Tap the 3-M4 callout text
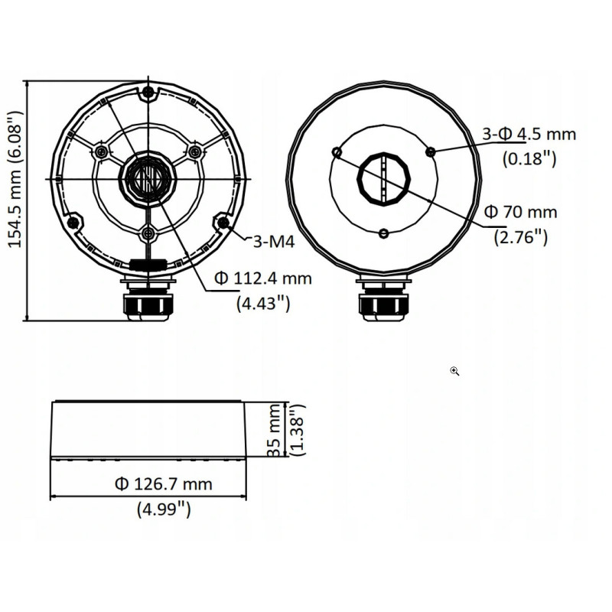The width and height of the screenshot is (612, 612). click(274, 242)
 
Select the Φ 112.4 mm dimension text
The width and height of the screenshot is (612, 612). click(263, 278)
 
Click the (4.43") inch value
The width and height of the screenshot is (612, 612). click(262, 303)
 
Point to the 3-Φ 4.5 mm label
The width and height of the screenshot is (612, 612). click(529, 135)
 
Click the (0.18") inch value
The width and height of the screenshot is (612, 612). click(529, 159)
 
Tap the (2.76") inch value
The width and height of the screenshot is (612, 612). click(521, 236)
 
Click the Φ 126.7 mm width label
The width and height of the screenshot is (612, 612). click(163, 483)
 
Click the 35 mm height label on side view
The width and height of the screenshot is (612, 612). click(275, 431)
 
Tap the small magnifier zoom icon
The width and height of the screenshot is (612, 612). click(454, 371)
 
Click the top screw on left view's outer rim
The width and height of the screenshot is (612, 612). click(148, 93)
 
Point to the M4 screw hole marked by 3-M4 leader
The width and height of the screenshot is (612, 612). click(223, 223)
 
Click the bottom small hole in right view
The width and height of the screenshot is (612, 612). click(384, 233)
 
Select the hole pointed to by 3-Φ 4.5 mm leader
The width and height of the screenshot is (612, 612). click(431, 151)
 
